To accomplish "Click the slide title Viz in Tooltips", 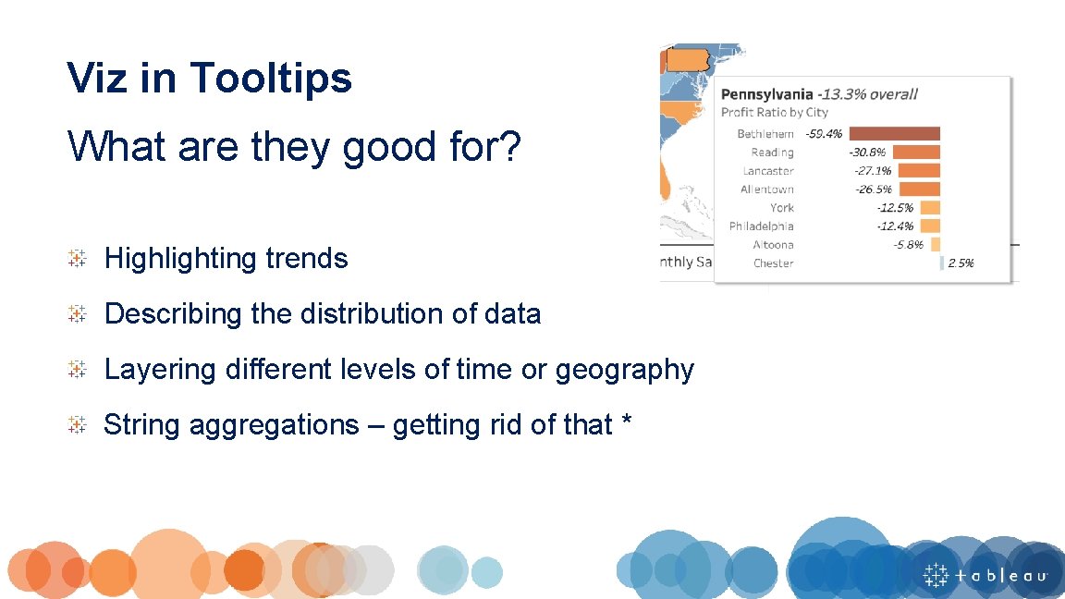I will tap(209, 78).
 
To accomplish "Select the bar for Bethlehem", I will tap(894, 134).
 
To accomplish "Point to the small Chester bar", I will tap(941, 263).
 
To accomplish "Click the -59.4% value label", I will tap(824, 134).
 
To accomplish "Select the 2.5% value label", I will tap(961, 263).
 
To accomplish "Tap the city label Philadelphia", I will tap(761, 226).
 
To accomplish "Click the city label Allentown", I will tap(766, 189).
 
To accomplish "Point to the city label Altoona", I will tap(773, 245).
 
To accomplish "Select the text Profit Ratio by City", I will tap(774, 112).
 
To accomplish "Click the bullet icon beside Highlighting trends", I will tap(78, 258).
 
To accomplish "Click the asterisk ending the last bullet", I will tap(627, 423).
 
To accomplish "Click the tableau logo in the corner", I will tap(985, 575).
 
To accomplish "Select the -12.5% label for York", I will tap(895, 208).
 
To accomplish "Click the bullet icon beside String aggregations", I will tap(78, 424).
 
